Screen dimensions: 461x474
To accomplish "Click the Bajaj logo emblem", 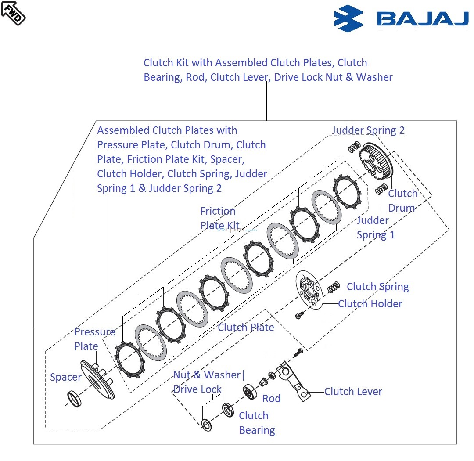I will pos(348,19).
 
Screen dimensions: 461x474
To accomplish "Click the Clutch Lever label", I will pos(353,392).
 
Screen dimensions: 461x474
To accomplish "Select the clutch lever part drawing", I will pos(293,380).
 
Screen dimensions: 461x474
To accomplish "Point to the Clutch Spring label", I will pos(377,287).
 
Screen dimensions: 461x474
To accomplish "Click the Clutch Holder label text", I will pos(370,304).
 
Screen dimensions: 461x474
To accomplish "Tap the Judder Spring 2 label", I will pos(368,130).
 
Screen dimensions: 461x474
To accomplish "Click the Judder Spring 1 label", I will pos(375,227).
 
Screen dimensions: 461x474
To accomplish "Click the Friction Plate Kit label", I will pos(219,219).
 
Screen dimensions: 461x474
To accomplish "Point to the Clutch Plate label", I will pos(246,328).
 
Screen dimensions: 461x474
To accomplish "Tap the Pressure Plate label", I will pos(94,339).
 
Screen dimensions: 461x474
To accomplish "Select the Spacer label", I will pos(65,377).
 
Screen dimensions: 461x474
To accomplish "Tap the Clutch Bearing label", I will pos(256,423).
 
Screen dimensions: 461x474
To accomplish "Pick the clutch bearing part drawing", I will pos(251,392).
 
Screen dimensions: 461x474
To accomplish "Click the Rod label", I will pos(271,399).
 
